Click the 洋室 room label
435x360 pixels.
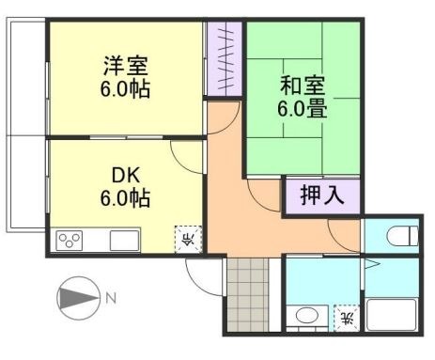click(x=127, y=68)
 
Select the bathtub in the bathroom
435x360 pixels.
click(x=392, y=314)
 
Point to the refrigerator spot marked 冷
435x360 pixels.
click(x=187, y=237)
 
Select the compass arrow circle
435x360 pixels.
click(x=77, y=300)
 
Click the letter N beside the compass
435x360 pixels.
click(x=111, y=300)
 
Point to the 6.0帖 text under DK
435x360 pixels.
click(x=127, y=199)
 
